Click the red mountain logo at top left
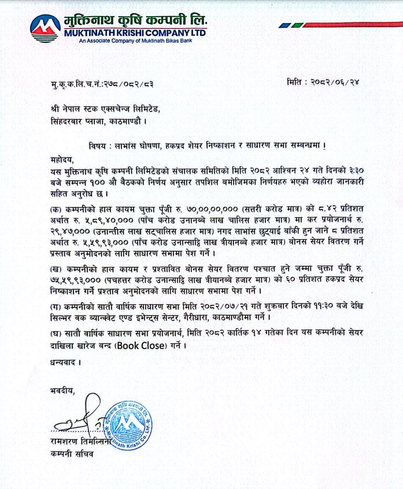[x=45, y=26]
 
